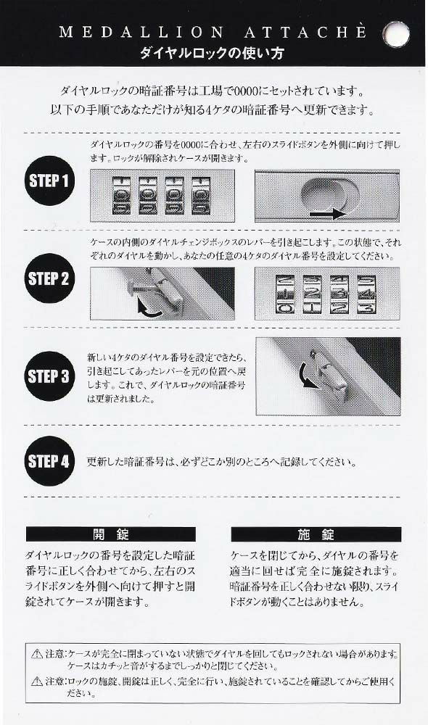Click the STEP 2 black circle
(49, 278)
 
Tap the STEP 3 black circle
(49, 376)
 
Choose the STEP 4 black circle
(49, 460)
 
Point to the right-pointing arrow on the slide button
(326, 215)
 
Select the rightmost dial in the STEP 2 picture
(366, 294)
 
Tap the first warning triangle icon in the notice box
(37, 654)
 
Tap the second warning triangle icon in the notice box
(37, 681)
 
